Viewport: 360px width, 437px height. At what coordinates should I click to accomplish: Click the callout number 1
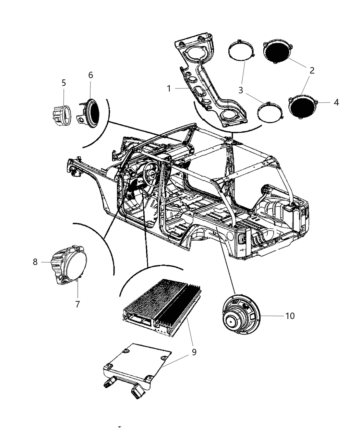click(169, 88)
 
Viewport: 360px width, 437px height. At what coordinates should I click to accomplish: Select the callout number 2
click(312, 71)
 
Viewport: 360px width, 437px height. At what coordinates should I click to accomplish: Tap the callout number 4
click(336, 102)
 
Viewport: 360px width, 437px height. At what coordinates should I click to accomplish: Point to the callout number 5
click(64, 83)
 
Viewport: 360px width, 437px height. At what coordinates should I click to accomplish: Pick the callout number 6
click(91, 75)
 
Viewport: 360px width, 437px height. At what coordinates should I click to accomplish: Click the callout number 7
click(77, 304)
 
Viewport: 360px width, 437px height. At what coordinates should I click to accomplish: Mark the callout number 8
click(35, 262)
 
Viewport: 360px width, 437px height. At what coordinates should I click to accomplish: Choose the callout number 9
click(194, 352)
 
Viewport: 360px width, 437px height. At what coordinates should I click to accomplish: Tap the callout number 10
click(290, 316)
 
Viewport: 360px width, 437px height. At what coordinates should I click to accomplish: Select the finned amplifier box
click(161, 305)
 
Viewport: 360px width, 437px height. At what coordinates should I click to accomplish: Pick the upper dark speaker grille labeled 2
click(277, 52)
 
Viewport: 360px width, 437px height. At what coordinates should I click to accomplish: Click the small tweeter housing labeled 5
click(62, 113)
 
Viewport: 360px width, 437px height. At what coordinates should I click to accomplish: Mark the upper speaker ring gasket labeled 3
click(241, 53)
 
